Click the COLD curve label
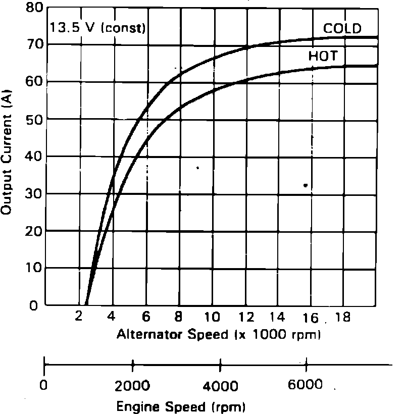pyautogui.click(x=342, y=28)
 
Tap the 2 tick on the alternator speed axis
pyautogui.click(x=79, y=318)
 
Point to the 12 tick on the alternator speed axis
pyautogui.click(x=245, y=318)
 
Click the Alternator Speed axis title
pyautogui.click(x=219, y=334)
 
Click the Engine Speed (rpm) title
pyautogui.click(x=181, y=406)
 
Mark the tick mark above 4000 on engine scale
pyautogui.click(x=221, y=364)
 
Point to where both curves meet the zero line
pyautogui.click(x=87, y=304)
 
